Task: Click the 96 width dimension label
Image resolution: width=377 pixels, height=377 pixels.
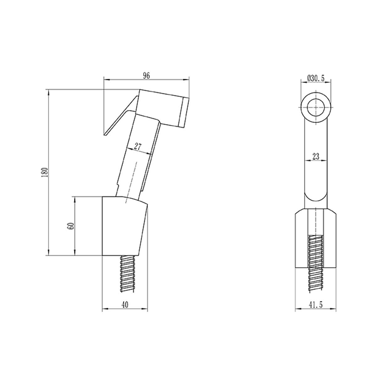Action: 146,76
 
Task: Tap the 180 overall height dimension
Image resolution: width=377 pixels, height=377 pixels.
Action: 45,172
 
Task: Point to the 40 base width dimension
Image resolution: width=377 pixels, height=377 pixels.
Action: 125,305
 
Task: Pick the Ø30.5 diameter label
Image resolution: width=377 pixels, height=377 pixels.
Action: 316,78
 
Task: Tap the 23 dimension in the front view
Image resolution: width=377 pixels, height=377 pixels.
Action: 316,156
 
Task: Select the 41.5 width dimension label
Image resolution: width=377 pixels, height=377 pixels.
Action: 316,305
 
